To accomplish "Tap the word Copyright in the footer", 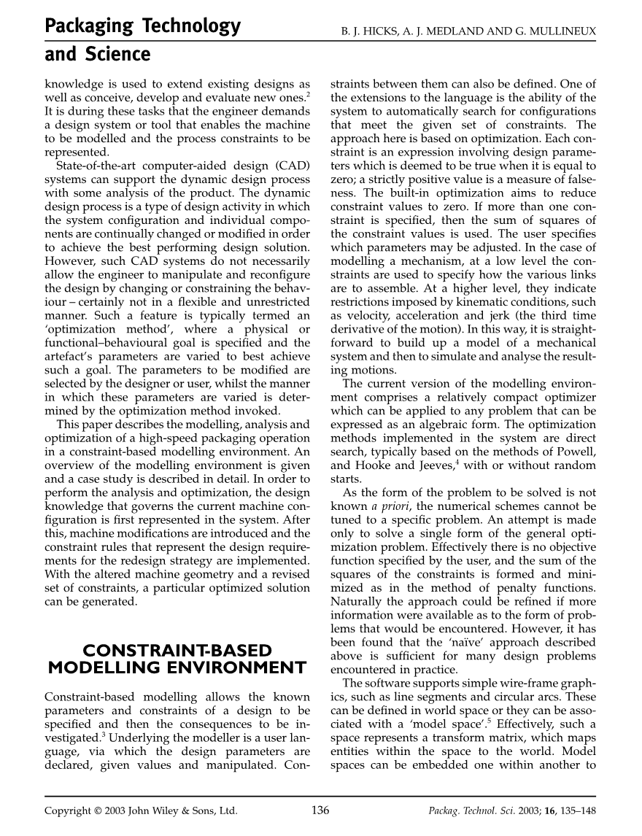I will click(70, 810).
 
